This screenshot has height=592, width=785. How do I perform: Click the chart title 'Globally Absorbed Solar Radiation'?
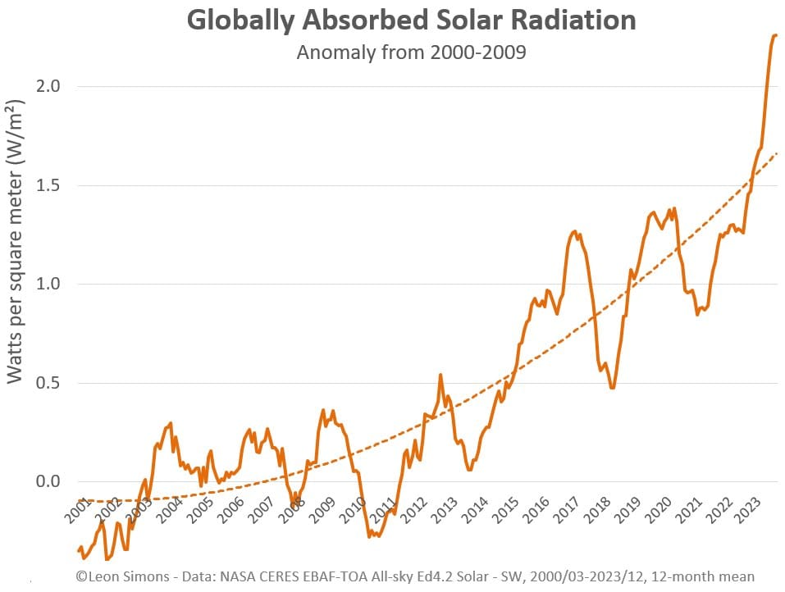[x=411, y=20]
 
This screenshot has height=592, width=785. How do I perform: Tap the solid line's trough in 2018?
[x=612, y=388]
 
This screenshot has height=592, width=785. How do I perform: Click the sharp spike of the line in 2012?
[x=440, y=375]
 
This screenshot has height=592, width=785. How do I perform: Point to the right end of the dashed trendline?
[x=777, y=153]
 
